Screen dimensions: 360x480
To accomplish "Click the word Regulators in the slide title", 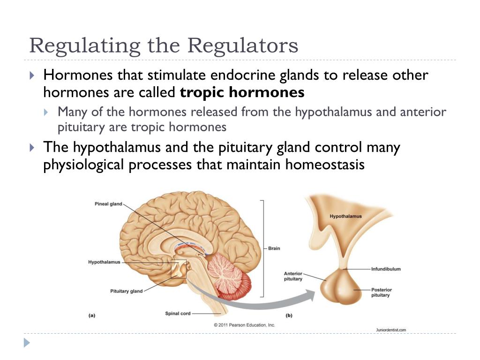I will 243,46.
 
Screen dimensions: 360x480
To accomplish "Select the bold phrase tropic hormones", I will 242,93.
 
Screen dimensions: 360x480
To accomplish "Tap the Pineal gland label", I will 108,204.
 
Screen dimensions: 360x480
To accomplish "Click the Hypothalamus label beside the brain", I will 104,262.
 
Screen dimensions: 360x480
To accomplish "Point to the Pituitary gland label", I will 126,291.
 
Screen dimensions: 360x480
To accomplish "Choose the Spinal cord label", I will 178,313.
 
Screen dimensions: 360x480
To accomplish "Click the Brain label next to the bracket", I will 274,248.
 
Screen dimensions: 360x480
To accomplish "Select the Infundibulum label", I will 386,269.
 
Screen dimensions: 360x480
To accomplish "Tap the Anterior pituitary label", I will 293,276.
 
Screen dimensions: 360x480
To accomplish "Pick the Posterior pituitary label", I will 381,292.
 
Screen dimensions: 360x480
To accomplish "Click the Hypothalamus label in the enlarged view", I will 345,217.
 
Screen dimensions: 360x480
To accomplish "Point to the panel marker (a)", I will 92,315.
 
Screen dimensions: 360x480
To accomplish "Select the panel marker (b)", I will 289,315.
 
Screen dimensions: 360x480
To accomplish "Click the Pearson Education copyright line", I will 244,325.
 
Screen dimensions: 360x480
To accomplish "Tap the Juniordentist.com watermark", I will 391,330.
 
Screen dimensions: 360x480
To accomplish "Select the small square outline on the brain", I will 179,269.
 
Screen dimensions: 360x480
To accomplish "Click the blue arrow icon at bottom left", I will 27,343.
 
